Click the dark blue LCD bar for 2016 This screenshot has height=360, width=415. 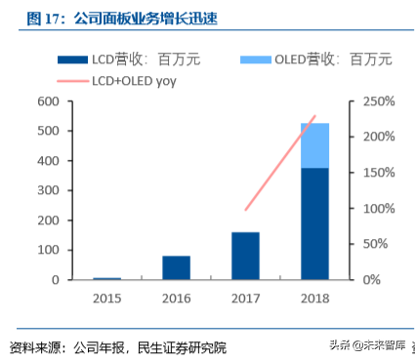pyautogui.click(x=176, y=267)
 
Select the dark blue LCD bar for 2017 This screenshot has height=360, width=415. pyautogui.click(x=245, y=256)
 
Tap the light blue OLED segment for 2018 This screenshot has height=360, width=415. pyautogui.click(x=314, y=145)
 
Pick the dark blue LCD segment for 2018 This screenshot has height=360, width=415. pyautogui.click(x=314, y=223)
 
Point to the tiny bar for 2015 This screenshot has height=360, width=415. pyautogui.click(x=107, y=278)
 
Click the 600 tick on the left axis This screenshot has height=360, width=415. pyautogui.click(x=48, y=101)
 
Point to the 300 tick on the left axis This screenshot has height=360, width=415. pyautogui.click(x=48, y=190)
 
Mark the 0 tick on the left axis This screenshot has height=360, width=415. pyautogui.click(x=56, y=280)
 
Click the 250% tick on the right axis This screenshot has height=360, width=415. pyautogui.click(x=376, y=101)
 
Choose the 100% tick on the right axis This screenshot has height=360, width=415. pyautogui.click(x=376, y=209)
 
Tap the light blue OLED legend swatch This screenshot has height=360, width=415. pyautogui.click(x=255, y=60)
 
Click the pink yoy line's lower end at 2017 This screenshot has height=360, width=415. pyautogui.click(x=246, y=209)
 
